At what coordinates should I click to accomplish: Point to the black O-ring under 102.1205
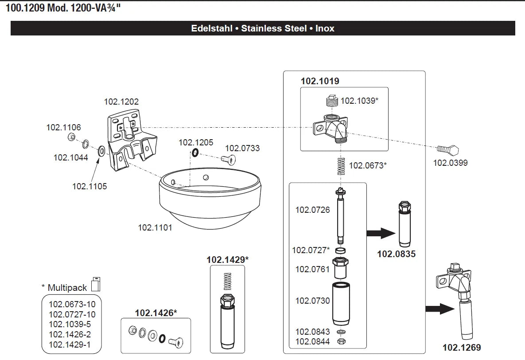click(x=195, y=153)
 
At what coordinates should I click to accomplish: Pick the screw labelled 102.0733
click(x=229, y=159)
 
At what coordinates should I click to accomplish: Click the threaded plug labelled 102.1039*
click(x=331, y=101)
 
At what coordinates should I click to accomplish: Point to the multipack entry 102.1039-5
click(x=70, y=324)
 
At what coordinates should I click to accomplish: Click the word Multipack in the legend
click(x=67, y=288)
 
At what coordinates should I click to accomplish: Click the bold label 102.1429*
click(x=227, y=260)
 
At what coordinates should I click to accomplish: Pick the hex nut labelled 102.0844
click(x=341, y=341)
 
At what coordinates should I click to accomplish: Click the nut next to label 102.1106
click(x=71, y=137)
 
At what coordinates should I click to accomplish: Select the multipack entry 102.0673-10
click(x=72, y=304)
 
